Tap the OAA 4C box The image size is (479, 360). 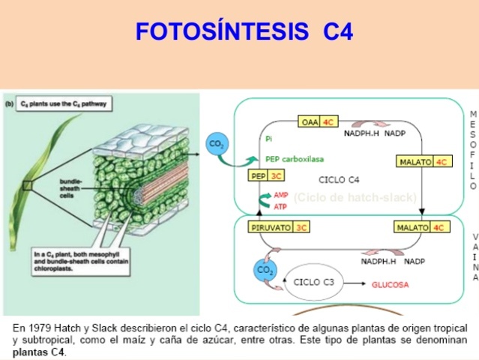pyautogui.click(x=317, y=122)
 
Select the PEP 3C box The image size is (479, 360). pyautogui.click(x=266, y=176)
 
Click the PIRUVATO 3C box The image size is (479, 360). pyautogui.click(x=280, y=227)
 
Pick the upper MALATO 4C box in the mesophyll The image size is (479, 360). pyautogui.click(x=423, y=162)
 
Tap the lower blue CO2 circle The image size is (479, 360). pyautogui.click(x=264, y=270)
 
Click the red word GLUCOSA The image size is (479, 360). pyautogui.click(x=391, y=285)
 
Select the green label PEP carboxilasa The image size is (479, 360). pyautogui.click(x=295, y=159)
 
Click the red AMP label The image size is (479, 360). pyautogui.click(x=280, y=194)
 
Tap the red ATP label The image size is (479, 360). pyautogui.click(x=280, y=205)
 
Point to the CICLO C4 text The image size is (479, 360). pyautogui.click(x=339, y=179)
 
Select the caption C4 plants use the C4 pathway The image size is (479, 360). pyautogui.click(x=64, y=106)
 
